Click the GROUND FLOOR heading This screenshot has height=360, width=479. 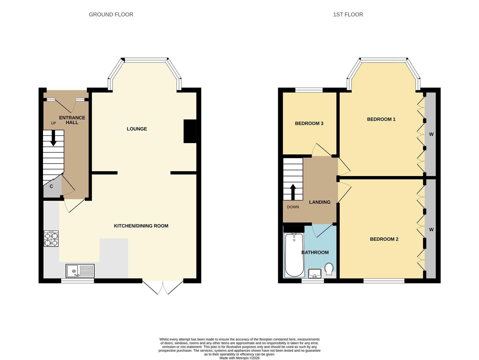click(x=111, y=14)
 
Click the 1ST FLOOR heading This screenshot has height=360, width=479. click(x=348, y=14)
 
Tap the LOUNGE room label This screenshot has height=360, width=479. click(x=137, y=129)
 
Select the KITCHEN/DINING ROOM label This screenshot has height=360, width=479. click(x=141, y=226)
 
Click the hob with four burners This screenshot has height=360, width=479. click(x=51, y=239)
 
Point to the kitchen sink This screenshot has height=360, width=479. click(x=80, y=271)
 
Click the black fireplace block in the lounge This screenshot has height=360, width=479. click(x=190, y=131)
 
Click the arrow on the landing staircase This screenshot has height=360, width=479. click(x=293, y=191)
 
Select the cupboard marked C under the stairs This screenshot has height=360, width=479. click(x=51, y=186)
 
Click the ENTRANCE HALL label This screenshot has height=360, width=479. click(x=72, y=120)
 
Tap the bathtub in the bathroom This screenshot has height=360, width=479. click(x=294, y=255)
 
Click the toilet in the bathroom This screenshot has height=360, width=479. click(x=329, y=269)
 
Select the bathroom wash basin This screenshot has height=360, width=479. click(x=314, y=273)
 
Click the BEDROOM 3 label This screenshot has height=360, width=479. click(x=309, y=123)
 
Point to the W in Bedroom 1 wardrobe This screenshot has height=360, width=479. click(x=431, y=134)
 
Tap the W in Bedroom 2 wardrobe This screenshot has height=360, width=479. click(x=431, y=229)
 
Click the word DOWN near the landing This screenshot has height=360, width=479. click(x=293, y=207)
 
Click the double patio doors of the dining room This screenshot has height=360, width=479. click(x=163, y=288)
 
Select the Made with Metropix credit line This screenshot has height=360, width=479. click(x=239, y=358)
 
